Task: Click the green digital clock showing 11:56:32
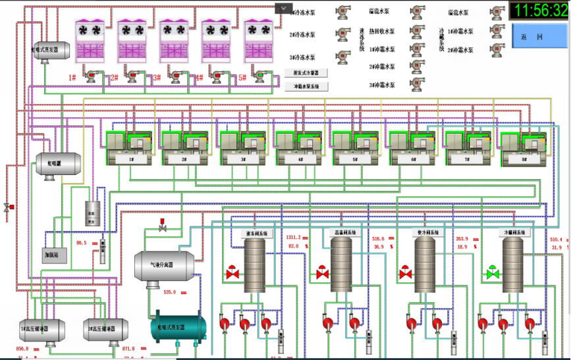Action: coord(539,11)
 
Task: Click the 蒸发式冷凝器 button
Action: coord(306,73)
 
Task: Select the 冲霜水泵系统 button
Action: coord(306,86)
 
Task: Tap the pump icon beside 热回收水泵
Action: coord(417,30)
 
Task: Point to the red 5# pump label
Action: coord(242,78)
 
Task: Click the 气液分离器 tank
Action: coord(163,265)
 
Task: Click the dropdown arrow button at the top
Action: coord(283,8)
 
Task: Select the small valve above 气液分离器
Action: coord(163,227)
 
